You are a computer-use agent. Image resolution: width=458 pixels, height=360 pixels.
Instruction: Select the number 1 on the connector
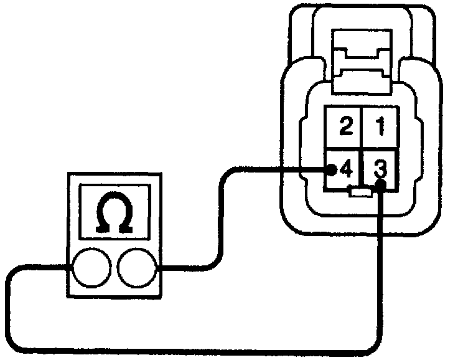pos(378,128)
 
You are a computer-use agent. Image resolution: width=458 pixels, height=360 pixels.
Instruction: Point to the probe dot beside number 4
pos(332,169)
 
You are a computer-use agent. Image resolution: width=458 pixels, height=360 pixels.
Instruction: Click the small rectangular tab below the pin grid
pos(362,193)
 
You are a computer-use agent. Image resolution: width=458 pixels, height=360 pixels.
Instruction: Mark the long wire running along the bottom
pos(187,351)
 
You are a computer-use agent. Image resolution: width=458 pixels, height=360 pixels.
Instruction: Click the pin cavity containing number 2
pos(345,128)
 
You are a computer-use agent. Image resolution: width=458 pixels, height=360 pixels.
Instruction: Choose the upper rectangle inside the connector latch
pos(362,47)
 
